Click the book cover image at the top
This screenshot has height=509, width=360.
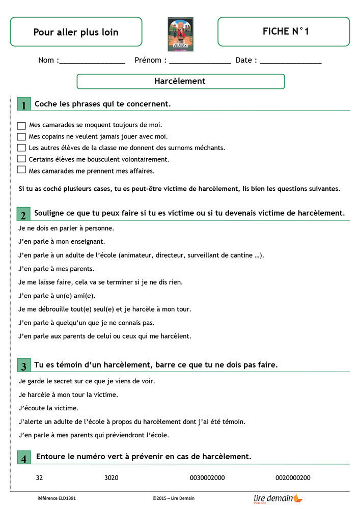180,34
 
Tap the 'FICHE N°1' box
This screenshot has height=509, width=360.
284,32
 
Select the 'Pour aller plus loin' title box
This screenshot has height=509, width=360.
76,32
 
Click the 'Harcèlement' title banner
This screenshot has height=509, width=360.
180,81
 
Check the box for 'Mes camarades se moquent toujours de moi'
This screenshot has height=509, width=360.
21,125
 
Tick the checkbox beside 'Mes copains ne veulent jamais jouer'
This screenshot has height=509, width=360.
21,136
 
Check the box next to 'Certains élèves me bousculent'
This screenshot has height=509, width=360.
21,159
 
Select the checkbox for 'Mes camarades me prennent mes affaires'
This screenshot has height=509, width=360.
21,170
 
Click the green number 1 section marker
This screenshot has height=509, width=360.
23,104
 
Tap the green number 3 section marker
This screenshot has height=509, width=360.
23,365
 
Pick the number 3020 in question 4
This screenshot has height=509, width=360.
111,478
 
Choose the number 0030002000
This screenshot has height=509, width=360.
207,478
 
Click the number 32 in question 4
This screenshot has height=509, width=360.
40,478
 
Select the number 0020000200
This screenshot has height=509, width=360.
293,478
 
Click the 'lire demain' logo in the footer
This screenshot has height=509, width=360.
278,499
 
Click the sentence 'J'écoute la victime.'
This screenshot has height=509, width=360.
48,408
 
